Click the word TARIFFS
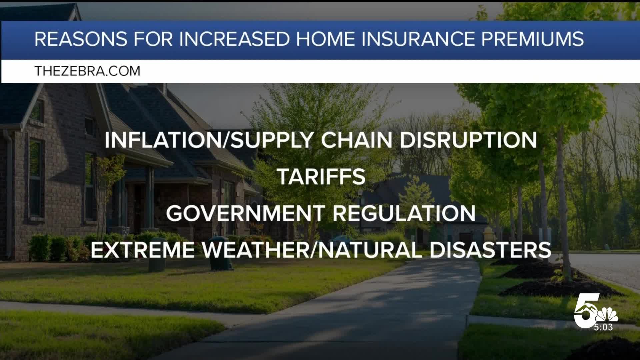[x=322, y=176]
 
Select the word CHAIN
[x=357, y=140]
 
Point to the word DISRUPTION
[x=468, y=140]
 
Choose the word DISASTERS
[x=490, y=250]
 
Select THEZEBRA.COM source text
[x=87, y=71]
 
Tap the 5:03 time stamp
[x=603, y=327]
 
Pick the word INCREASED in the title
[x=234, y=39]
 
